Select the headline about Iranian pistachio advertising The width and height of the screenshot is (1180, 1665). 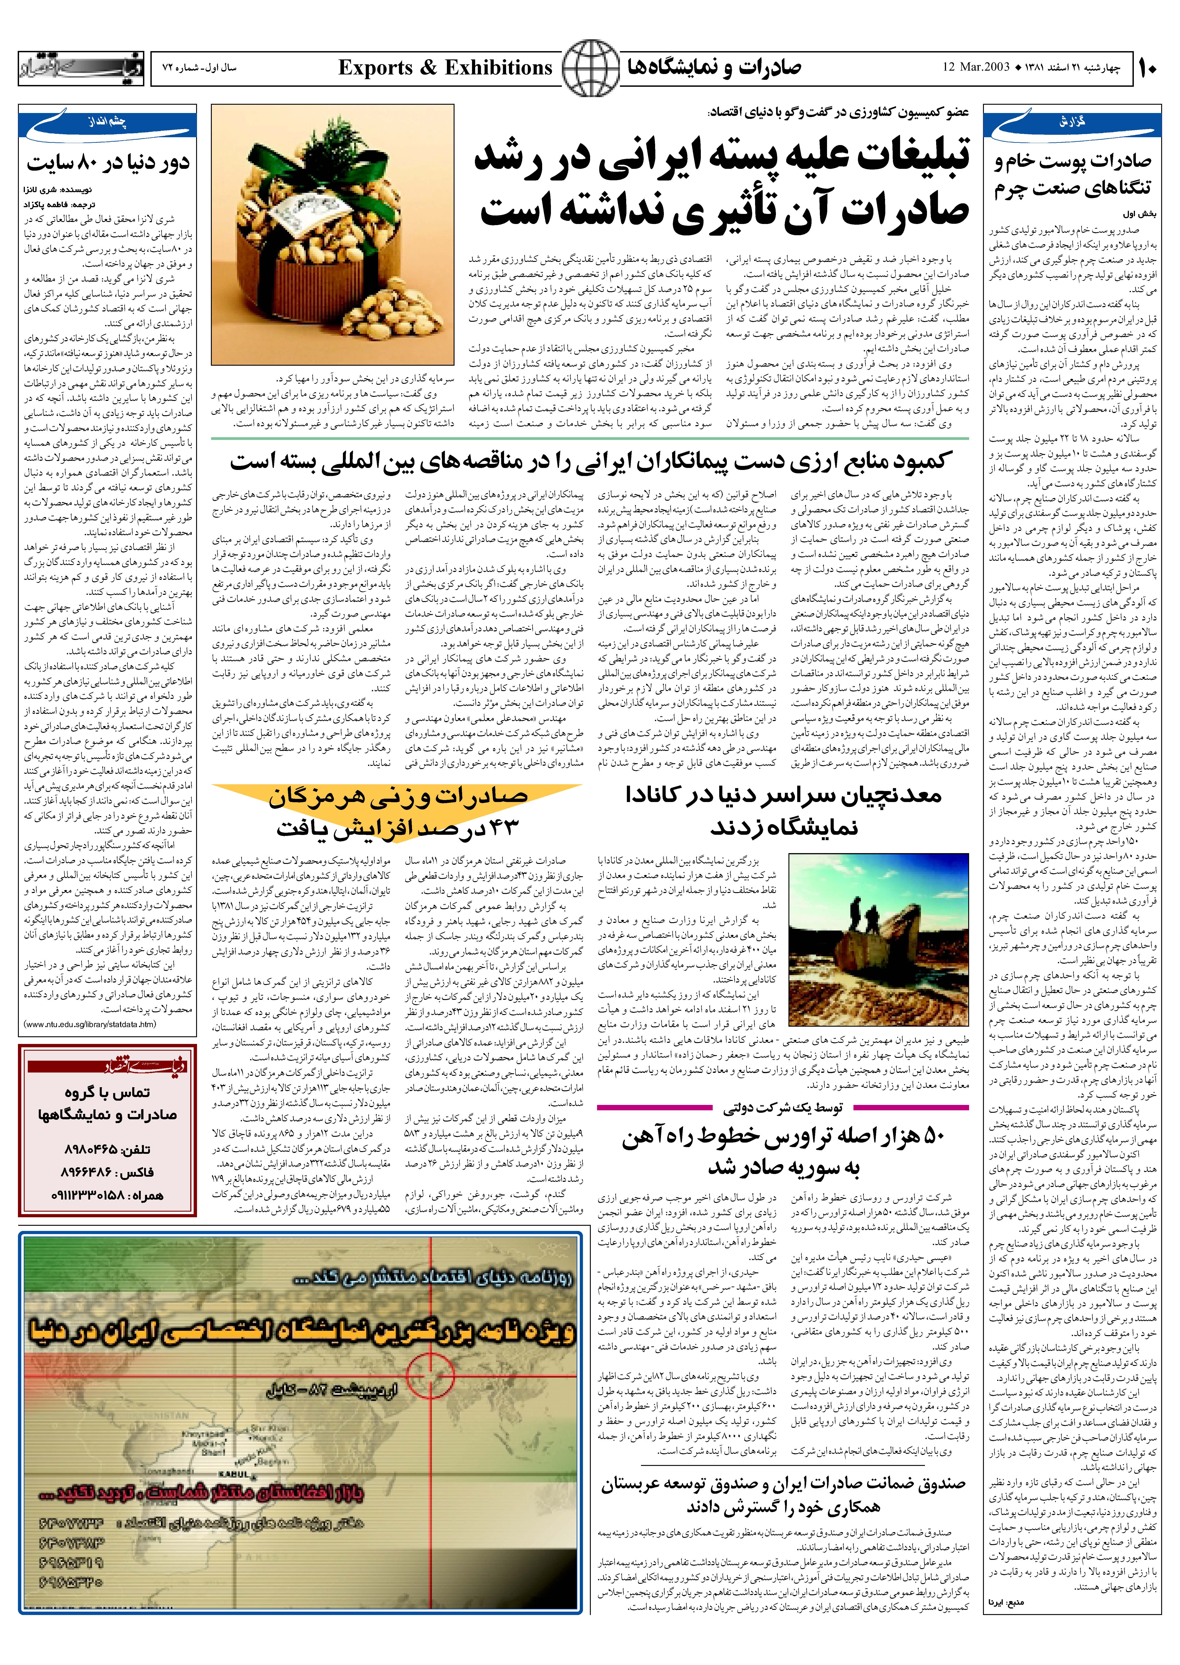tap(723, 185)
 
